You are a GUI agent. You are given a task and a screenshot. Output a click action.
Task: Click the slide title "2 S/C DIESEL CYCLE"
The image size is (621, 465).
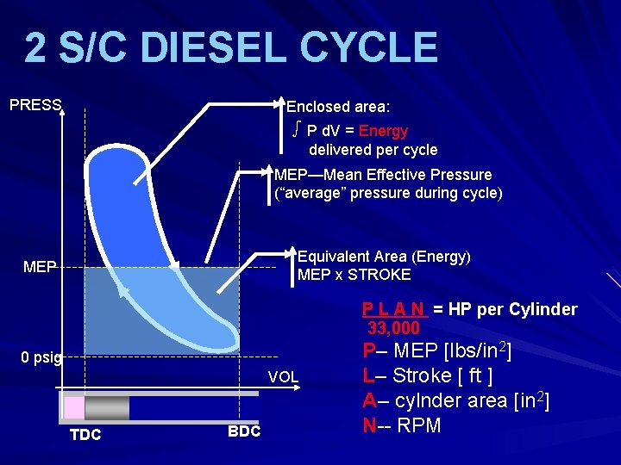(230, 48)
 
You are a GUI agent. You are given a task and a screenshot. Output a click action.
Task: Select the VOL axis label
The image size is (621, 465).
(283, 376)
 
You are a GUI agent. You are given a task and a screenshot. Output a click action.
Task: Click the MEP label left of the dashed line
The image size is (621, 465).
(40, 267)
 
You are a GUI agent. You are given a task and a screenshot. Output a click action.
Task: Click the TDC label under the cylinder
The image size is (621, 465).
(85, 435)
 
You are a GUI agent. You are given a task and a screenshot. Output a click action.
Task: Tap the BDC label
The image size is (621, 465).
(244, 431)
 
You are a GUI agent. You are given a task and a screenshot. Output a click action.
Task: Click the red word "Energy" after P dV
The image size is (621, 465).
(383, 131)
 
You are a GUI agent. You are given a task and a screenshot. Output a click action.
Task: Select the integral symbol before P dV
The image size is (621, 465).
(296, 130)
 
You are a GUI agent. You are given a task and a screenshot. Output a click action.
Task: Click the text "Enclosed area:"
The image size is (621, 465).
(338, 107)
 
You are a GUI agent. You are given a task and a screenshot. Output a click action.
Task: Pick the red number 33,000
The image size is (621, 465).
(393, 328)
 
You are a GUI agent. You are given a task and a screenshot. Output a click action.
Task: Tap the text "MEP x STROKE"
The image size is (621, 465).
(354, 276)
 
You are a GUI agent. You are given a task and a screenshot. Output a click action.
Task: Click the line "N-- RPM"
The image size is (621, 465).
(402, 425)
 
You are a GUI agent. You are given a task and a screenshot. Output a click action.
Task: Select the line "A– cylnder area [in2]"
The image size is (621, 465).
(456, 400)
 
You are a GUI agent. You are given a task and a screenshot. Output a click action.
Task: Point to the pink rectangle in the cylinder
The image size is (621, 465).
(75, 408)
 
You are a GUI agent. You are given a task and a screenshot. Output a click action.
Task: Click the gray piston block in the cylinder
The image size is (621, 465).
(107, 408)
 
